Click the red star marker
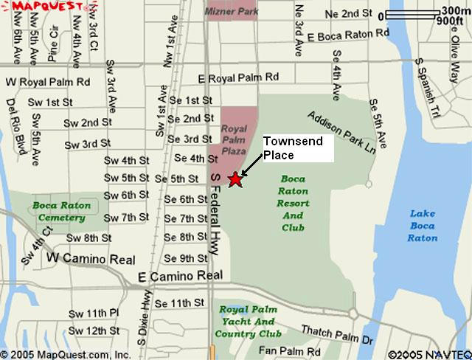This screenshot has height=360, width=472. click(235, 179)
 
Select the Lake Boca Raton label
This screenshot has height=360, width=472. click(423, 225)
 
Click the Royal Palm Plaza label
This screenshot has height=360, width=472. click(234, 138)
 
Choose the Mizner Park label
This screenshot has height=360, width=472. click(228, 13)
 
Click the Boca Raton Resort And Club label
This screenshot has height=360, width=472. click(294, 203)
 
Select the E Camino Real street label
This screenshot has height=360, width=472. click(180, 275)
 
